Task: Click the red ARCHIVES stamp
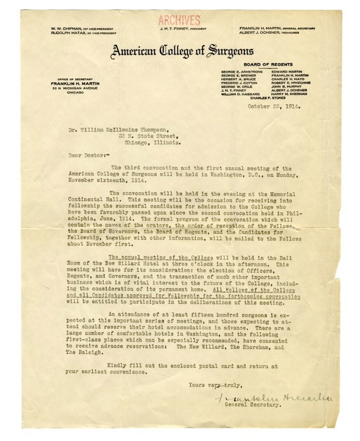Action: click(x=179, y=21)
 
